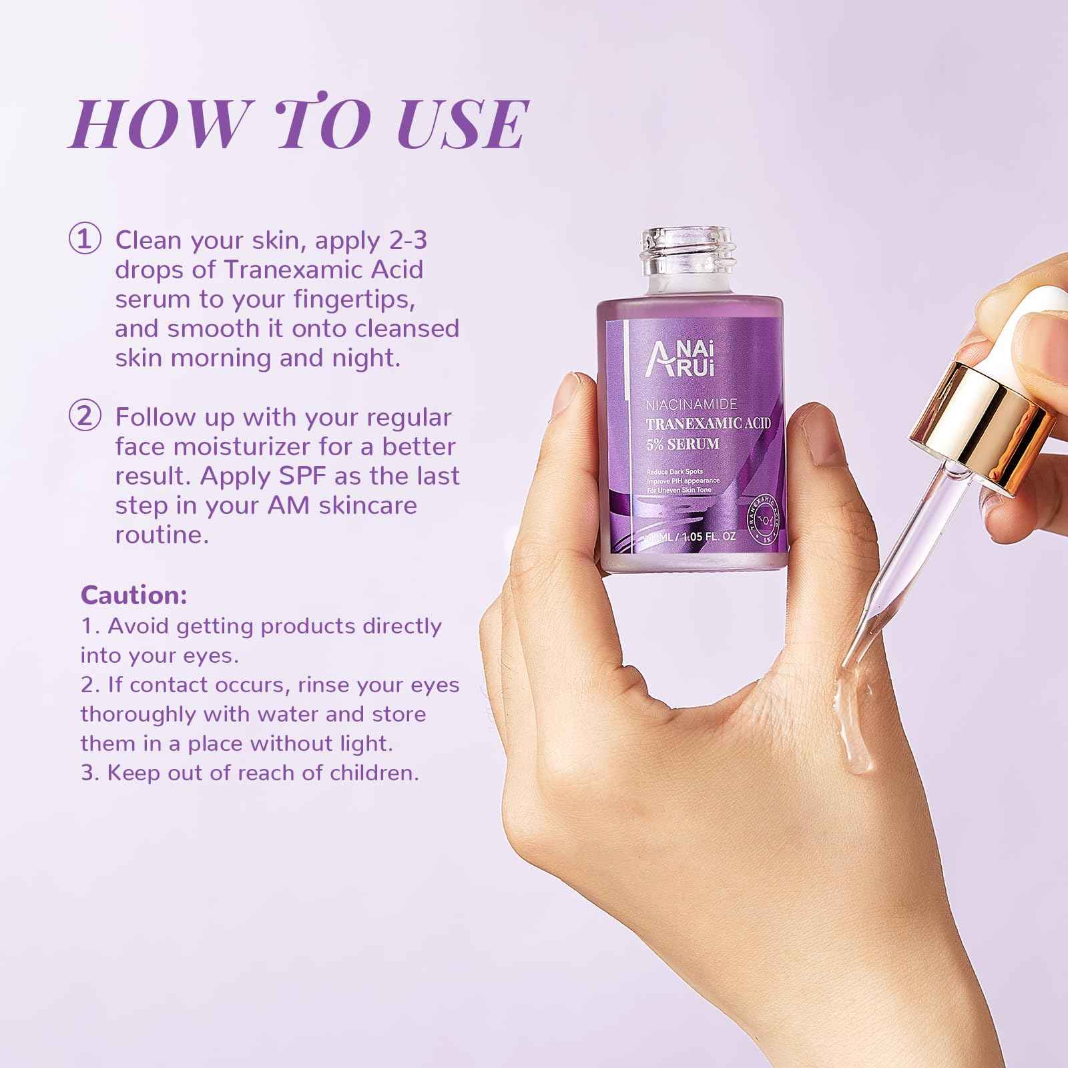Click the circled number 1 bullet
point(85,241)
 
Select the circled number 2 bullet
point(85,417)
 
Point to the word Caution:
point(133,595)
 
